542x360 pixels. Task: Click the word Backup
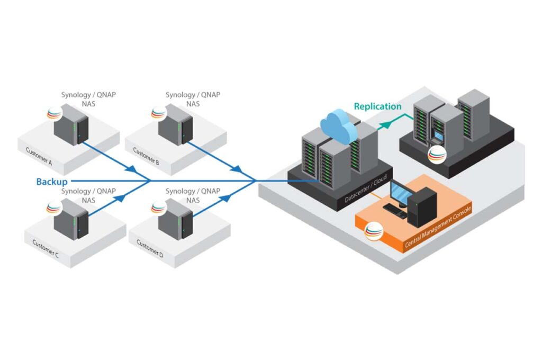tap(52, 182)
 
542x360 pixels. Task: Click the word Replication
tap(377, 106)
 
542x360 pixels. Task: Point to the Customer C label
tap(46, 247)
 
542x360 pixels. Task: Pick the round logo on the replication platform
tap(437, 154)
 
